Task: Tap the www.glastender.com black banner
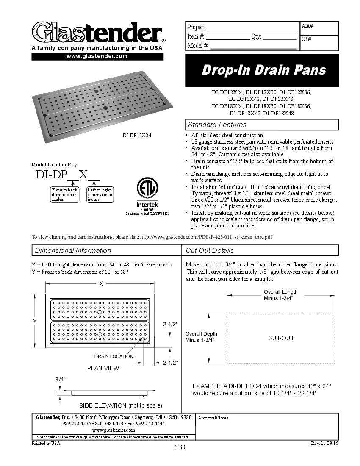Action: [x=97, y=56]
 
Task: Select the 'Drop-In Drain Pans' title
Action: [x=263, y=70]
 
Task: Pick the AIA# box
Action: [x=319, y=28]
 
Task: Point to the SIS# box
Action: [x=319, y=42]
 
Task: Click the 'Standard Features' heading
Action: [x=217, y=125]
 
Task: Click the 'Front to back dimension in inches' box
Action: [x=64, y=194]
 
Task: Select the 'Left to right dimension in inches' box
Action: [x=100, y=194]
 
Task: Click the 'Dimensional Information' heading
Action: [x=73, y=250]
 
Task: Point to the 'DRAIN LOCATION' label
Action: [x=114, y=356]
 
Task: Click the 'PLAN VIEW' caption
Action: [x=103, y=368]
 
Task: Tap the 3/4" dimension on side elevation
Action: [x=60, y=379]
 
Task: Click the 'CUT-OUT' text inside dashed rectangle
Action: [x=281, y=338]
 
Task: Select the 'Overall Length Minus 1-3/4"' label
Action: [x=280, y=295]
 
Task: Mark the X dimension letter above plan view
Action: [x=101, y=284]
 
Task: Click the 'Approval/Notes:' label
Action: [x=214, y=418]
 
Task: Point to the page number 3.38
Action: [x=180, y=447]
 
